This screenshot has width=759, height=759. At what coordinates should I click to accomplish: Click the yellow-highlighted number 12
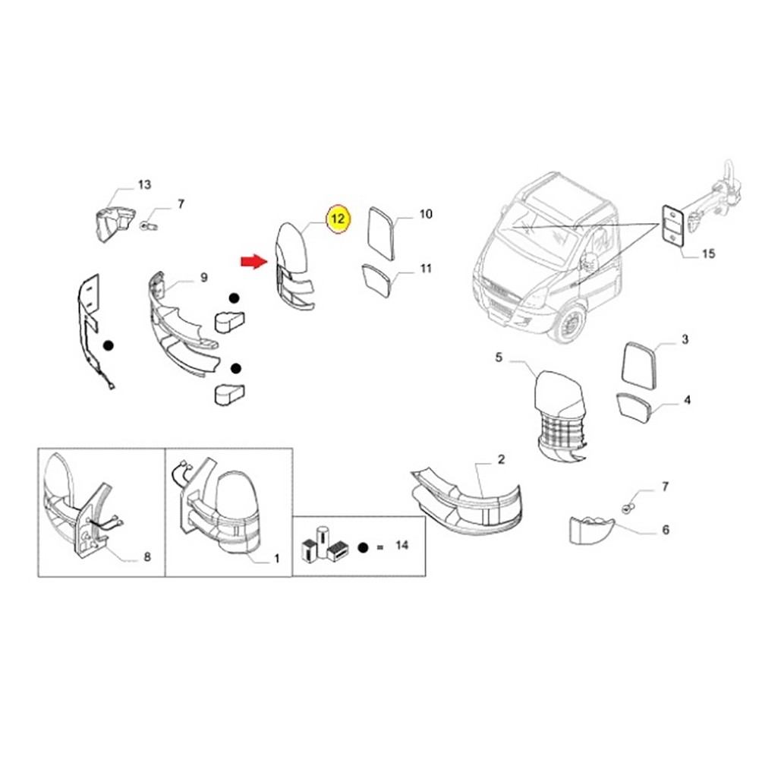(338, 219)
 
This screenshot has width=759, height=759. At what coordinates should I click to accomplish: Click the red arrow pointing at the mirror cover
(252, 262)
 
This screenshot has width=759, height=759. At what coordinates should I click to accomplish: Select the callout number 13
(144, 184)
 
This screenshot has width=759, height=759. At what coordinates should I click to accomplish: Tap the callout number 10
(425, 215)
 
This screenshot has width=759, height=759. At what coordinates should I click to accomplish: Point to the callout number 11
(425, 268)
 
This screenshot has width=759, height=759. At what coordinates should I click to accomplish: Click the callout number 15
(707, 254)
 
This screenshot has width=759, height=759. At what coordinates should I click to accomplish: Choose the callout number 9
(203, 278)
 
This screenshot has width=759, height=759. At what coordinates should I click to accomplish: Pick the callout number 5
(499, 357)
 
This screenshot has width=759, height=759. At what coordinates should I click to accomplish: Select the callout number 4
(686, 399)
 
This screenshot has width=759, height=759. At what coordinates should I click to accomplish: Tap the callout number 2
(501, 459)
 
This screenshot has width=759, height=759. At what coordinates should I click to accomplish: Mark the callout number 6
(665, 530)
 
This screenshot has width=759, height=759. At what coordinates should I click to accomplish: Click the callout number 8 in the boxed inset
(146, 557)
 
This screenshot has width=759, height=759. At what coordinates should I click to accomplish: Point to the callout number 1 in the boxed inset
(276, 559)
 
